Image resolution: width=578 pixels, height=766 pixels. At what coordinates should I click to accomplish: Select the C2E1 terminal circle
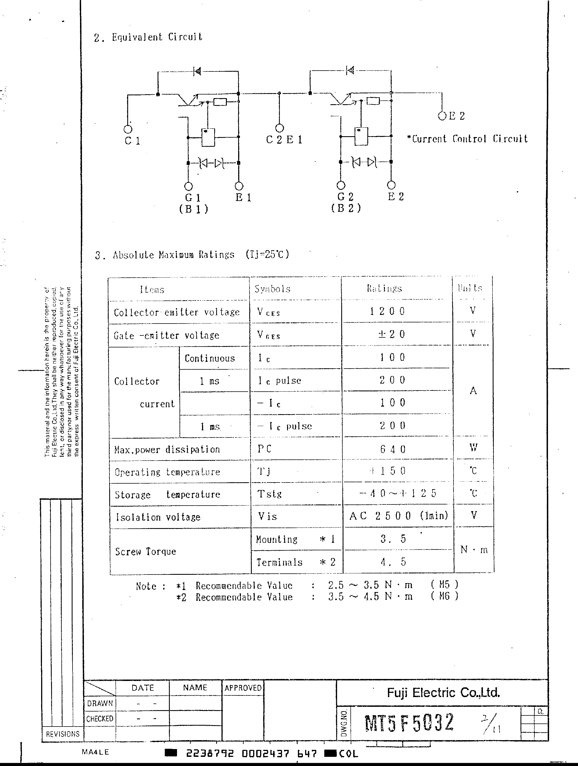(x=280, y=128)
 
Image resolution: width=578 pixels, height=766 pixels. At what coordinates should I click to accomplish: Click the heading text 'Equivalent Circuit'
(x=157, y=37)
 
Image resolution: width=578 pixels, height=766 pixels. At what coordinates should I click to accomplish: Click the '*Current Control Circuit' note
(x=467, y=139)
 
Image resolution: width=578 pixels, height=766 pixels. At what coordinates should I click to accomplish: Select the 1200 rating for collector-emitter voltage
(x=387, y=311)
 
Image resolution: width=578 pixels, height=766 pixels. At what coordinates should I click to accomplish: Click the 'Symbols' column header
(x=273, y=289)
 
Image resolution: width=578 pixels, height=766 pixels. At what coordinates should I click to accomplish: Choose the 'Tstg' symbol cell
(x=270, y=494)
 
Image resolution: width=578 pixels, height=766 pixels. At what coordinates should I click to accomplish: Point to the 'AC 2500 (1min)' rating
(x=398, y=516)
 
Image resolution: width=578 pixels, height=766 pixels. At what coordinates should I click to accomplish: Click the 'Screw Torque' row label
(x=145, y=551)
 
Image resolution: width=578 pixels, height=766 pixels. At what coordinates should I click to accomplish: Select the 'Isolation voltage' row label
(x=158, y=517)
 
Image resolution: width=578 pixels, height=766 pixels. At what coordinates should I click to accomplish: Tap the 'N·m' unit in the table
(x=474, y=549)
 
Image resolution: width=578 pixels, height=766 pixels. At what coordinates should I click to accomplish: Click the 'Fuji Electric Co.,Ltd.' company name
(x=443, y=693)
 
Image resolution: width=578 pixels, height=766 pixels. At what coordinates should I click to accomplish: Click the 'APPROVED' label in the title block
(x=243, y=688)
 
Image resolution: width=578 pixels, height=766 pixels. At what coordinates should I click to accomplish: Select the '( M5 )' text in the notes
(x=444, y=585)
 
